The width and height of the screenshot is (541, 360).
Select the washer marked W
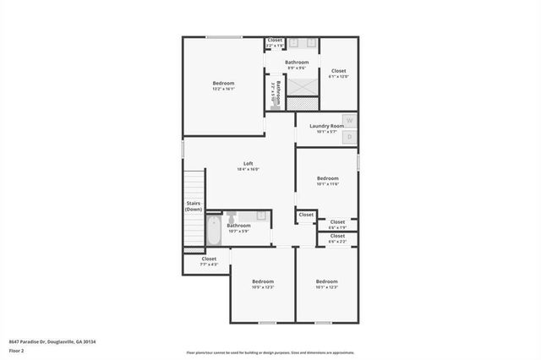(x=349, y=120)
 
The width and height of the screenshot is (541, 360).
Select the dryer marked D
(x=349, y=136)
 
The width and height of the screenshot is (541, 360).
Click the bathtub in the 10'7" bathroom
(x=214, y=231)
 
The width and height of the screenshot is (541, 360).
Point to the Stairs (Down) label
(x=194, y=206)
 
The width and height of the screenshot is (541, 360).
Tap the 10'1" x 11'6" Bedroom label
(x=327, y=181)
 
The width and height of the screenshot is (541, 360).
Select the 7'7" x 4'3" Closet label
(x=209, y=261)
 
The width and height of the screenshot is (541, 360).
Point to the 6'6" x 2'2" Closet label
(x=337, y=238)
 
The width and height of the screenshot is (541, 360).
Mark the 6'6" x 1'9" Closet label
(x=337, y=224)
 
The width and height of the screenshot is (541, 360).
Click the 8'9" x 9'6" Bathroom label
(x=297, y=64)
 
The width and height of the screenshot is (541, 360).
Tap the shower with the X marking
(x=303, y=85)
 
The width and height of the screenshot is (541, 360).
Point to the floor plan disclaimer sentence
(x=270, y=352)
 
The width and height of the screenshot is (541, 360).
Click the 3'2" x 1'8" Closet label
(x=275, y=42)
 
